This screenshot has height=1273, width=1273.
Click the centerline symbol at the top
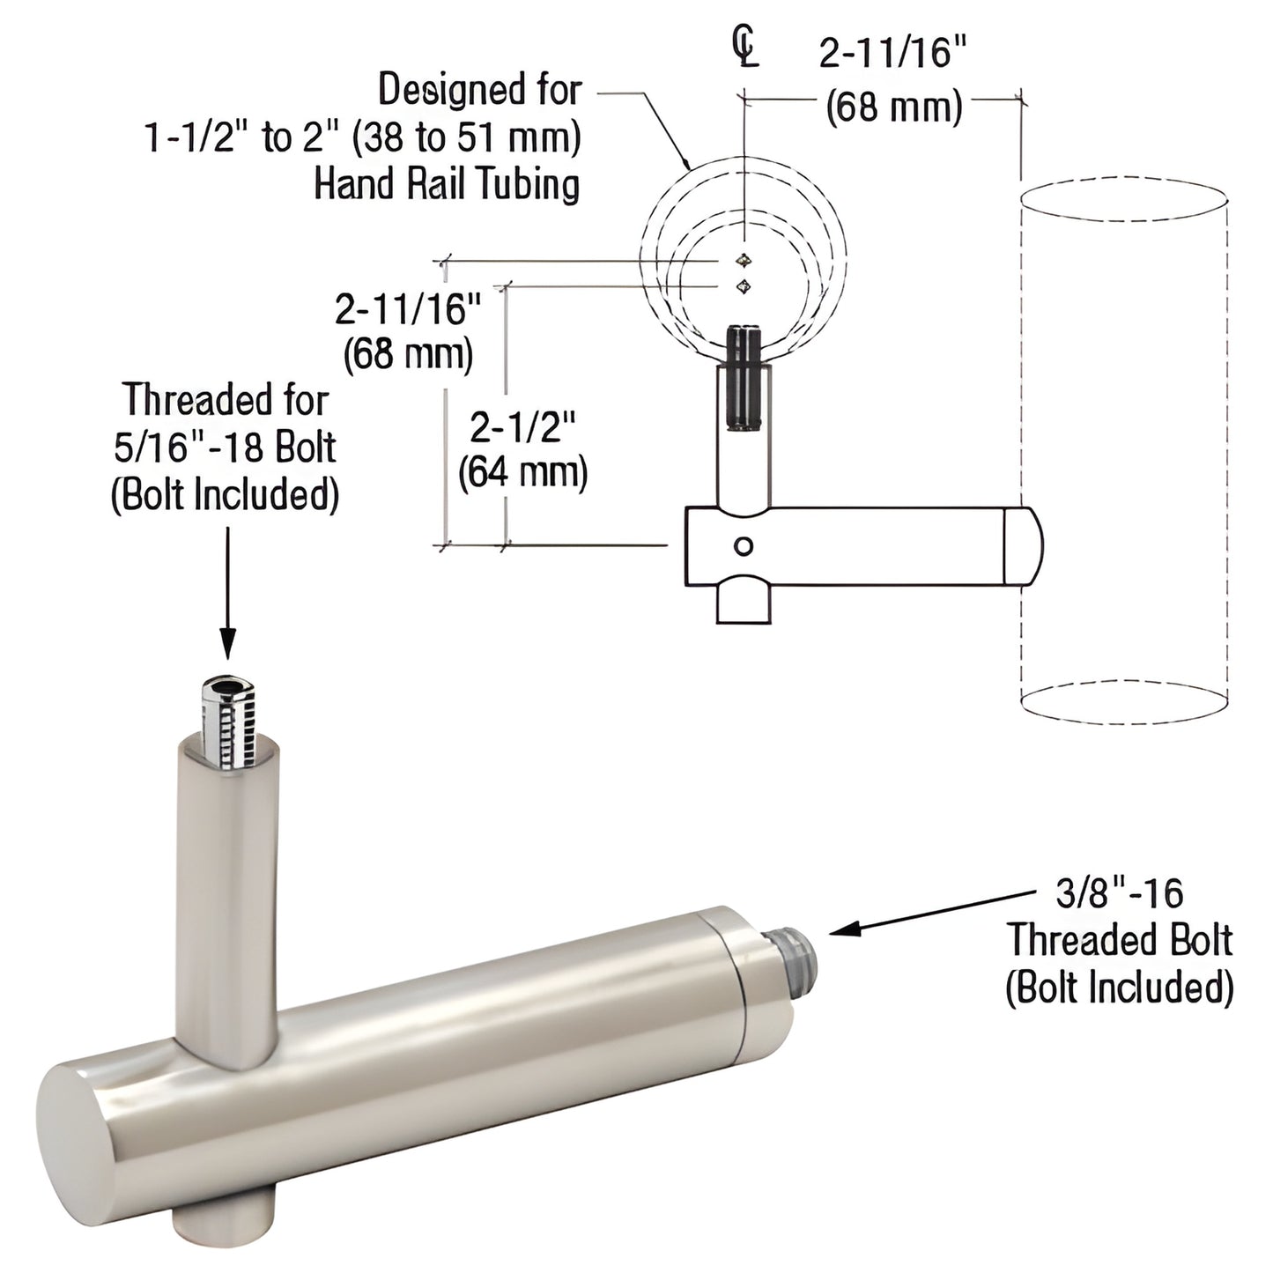coord(745,48)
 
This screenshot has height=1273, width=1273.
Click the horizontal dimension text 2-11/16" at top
coord(893,55)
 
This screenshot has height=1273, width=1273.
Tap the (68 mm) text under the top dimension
coord(893,107)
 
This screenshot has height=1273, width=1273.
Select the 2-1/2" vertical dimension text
coord(522,428)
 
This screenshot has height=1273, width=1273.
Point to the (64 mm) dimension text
coord(522,472)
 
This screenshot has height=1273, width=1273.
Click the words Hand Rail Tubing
coord(448,185)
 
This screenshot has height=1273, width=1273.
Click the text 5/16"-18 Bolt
coord(225,448)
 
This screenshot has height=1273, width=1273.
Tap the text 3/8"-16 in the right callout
coord(1119,894)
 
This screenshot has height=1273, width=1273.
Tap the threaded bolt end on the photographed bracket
coord(797,950)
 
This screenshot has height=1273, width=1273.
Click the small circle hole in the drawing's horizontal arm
coord(744,546)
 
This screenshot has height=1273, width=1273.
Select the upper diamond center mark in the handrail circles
coord(745,260)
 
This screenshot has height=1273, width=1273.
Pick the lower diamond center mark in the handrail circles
coord(745,285)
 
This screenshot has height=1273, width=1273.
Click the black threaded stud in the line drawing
coord(744,377)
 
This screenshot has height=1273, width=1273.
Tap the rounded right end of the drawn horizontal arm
coord(1024,546)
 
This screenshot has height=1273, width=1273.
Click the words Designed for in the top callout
coord(480,90)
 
